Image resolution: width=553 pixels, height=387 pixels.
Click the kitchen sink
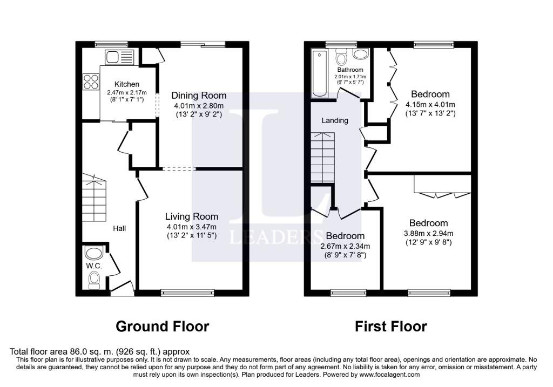119,57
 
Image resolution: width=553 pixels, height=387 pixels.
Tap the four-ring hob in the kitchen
91,82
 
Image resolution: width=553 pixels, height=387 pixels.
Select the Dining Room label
199,95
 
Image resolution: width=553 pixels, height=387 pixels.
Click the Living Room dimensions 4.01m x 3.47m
192,227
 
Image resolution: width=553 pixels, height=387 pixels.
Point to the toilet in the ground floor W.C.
94,280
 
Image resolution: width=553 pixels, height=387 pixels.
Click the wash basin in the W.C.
94,253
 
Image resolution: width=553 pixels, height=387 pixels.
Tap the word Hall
119,228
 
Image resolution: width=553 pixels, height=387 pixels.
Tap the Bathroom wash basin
360,53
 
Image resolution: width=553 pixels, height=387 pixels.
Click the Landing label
335,120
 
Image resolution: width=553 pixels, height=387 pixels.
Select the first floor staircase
322,157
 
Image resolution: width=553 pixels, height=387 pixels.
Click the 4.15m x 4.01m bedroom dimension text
430,105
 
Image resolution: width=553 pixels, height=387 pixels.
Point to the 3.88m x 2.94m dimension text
428,233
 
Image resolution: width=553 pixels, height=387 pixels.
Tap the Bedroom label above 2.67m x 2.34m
345,235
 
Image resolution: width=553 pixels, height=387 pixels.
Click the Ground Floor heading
162,327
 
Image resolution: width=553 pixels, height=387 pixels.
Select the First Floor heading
391,327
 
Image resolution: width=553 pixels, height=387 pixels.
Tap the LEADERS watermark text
276,237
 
